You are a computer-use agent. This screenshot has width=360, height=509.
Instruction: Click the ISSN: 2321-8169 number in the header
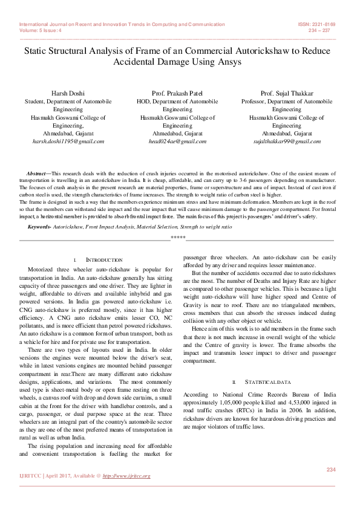coord(316,25)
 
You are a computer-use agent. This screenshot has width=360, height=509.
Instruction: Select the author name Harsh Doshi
coord(68,94)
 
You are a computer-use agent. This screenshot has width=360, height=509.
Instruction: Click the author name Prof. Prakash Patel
coord(180,94)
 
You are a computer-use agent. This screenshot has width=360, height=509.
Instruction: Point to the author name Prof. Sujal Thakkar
coord(287,94)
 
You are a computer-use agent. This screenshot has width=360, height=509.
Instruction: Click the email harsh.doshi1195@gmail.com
coord(68,141)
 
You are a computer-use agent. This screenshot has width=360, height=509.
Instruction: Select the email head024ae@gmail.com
coord(180,141)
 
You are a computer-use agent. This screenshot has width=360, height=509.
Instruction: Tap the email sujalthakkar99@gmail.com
coord(287,141)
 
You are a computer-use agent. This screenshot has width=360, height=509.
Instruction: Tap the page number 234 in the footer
coord(330,470)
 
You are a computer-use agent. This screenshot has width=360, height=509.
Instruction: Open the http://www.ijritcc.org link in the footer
coord(126,476)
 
